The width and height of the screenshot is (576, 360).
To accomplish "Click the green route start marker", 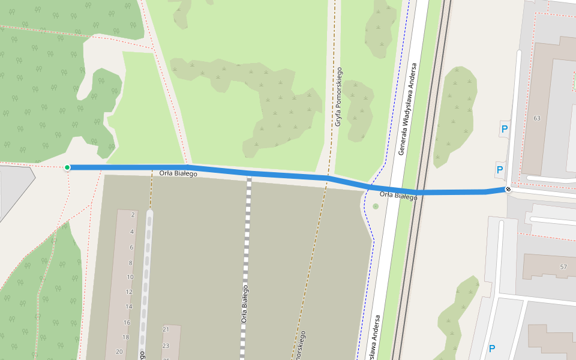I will click(67, 167).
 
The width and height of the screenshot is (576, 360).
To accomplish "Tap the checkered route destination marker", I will click(508, 190).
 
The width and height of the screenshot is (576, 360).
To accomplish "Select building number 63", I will click(536, 118).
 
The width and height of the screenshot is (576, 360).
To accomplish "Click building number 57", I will click(563, 266).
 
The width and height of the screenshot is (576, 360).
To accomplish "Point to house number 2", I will click(132, 215).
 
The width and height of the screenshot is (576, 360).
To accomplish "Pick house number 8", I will click(130, 263).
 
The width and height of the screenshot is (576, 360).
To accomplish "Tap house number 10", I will click(130, 277).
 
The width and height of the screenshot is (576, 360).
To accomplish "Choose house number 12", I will click(128, 292).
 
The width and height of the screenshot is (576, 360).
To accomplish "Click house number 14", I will click(128, 307).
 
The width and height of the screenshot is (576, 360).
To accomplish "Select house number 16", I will click(127, 322).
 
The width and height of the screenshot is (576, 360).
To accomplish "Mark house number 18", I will click(126, 337).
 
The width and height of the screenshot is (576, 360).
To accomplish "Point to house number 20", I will click(119, 352).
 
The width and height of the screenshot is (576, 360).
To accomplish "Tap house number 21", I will click(166, 329).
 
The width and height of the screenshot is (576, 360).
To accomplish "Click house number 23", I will click(166, 346).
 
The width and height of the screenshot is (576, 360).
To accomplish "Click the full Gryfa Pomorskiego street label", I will click(338, 97).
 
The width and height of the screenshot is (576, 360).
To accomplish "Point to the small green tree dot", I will click(376, 206).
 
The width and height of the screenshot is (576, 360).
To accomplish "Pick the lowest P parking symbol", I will click(492, 349).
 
